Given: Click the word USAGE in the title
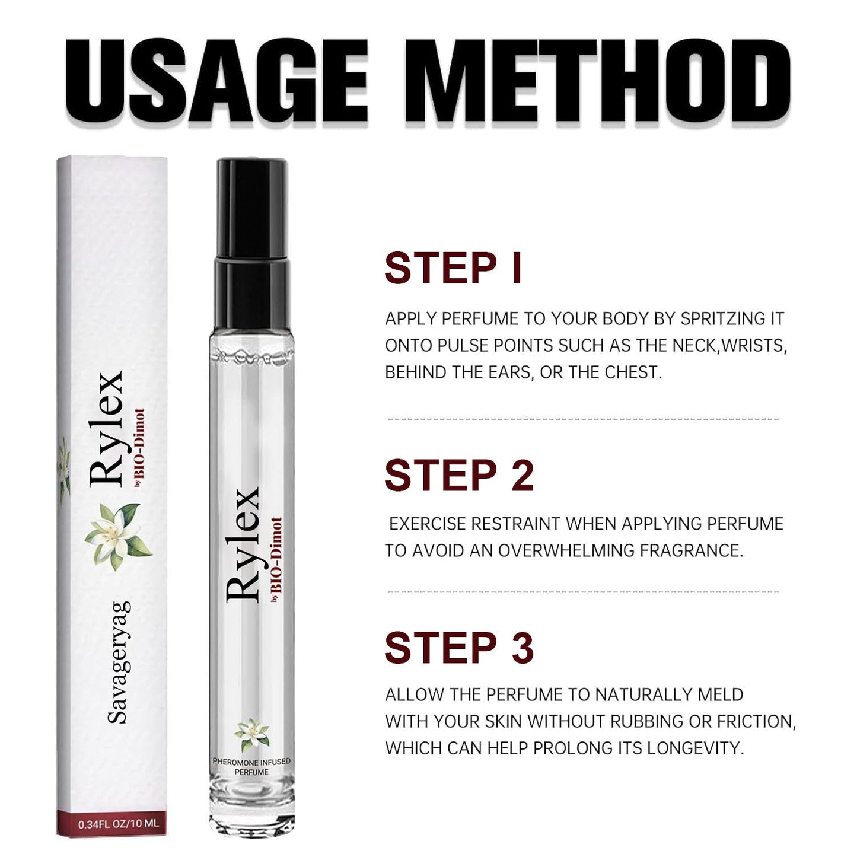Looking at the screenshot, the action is pos(216,79).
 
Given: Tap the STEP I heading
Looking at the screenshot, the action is pos(453,267).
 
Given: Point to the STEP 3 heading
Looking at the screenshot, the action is pos(459,648).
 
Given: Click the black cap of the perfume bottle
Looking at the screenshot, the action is pos(252,243).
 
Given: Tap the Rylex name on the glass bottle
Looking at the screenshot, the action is pos(243,545).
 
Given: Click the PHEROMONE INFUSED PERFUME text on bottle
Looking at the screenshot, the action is pos(251,766).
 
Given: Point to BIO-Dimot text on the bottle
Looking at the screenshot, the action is pos(276,554).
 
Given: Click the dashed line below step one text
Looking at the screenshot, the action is pos(584,419).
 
